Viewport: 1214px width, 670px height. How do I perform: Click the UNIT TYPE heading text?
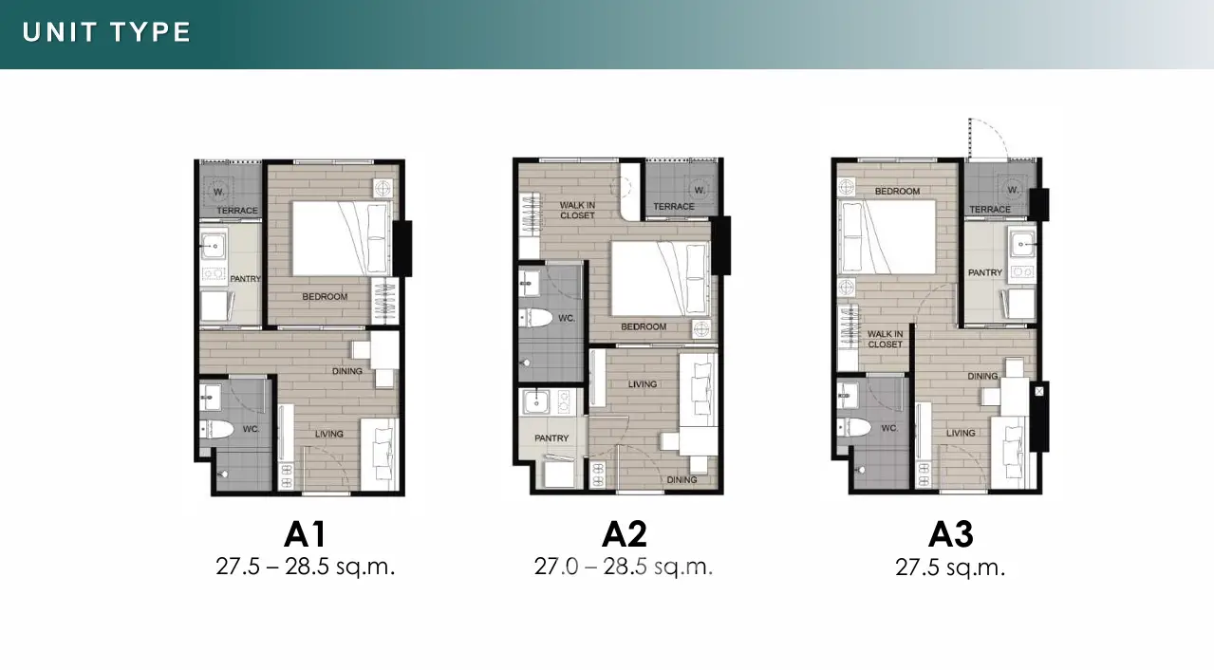106,32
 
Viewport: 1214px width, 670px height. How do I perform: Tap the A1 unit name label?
305,534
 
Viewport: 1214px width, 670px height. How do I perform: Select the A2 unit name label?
625,534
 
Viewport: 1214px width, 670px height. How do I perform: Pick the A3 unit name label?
951,534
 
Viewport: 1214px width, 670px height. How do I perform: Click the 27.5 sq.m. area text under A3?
951,568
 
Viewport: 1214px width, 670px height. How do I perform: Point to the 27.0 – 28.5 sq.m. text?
624,567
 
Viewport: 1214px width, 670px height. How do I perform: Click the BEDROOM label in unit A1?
325,296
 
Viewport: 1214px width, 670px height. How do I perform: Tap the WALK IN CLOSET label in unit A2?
577,211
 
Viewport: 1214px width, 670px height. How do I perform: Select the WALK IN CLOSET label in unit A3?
885,340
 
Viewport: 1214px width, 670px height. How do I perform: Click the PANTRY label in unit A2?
551,438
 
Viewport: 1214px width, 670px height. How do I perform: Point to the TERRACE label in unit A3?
990,209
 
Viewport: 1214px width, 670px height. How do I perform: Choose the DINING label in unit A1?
347,371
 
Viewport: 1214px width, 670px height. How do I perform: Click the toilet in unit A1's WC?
216,429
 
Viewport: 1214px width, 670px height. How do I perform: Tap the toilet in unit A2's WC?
535,318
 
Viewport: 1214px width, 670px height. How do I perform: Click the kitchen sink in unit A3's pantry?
1021,244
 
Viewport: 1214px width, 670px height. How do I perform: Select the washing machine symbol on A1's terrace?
218,192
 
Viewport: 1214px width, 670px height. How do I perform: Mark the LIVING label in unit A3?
961,433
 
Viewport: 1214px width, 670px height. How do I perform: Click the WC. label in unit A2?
567,318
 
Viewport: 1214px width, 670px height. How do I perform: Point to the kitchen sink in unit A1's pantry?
214,246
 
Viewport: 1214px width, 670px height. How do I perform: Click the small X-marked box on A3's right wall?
1039,391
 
